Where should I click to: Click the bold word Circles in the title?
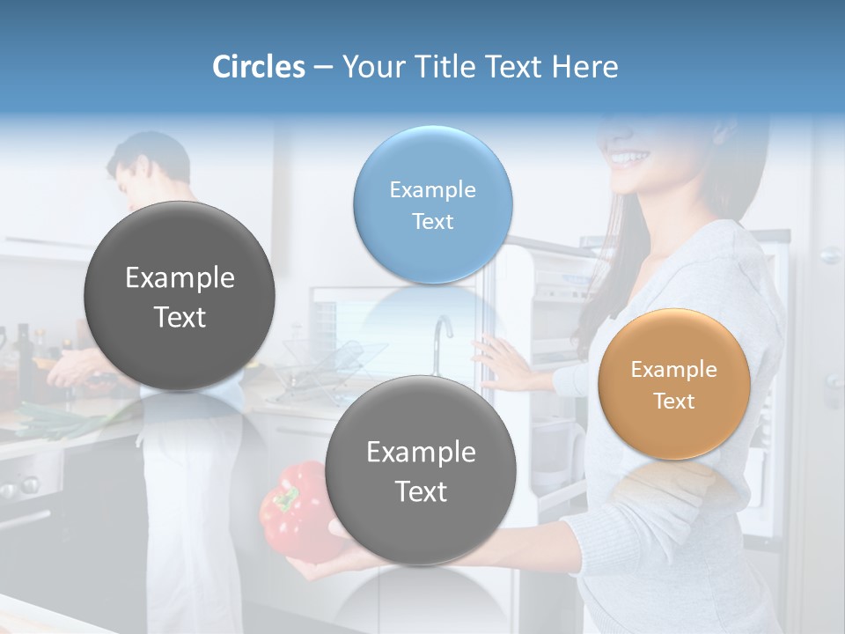coord(258,67)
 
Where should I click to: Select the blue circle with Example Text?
coord(432,205)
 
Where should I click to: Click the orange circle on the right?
coord(674,384)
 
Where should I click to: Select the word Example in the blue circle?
coord(432,189)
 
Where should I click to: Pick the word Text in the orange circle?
coord(674,401)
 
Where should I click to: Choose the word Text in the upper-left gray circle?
coord(180,317)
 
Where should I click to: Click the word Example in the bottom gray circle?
coord(421,452)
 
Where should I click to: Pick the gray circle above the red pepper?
coord(421,471)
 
